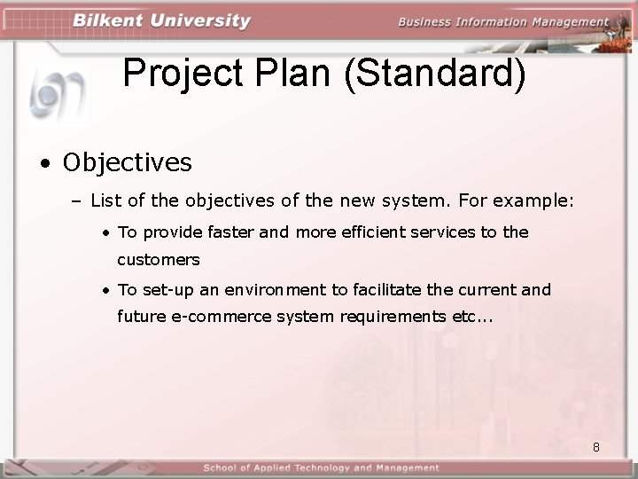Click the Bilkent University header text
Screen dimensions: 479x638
[x=162, y=21]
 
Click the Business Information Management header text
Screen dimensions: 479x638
[x=503, y=22]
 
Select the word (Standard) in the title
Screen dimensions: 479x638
[x=434, y=74]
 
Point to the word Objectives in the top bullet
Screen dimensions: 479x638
[x=127, y=162]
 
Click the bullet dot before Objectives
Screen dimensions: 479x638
[x=43, y=163]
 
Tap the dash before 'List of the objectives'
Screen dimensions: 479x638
[x=76, y=202]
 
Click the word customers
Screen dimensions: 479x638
[x=159, y=261]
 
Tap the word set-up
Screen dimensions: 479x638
[x=167, y=290]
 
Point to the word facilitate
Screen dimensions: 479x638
[x=386, y=289]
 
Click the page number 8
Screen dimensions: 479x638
[x=596, y=447]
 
